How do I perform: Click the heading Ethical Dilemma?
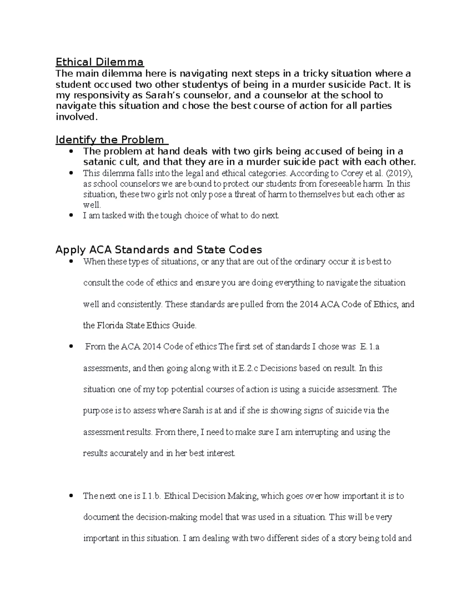click(x=100, y=62)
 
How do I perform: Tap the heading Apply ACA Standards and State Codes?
click(x=159, y=250)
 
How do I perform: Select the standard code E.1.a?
click(x=369, y=347)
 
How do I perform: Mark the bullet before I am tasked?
click(x=71, y=215)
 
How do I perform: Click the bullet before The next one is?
click(x=71, y=496)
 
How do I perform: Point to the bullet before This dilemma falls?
click(x=71, y=173)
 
